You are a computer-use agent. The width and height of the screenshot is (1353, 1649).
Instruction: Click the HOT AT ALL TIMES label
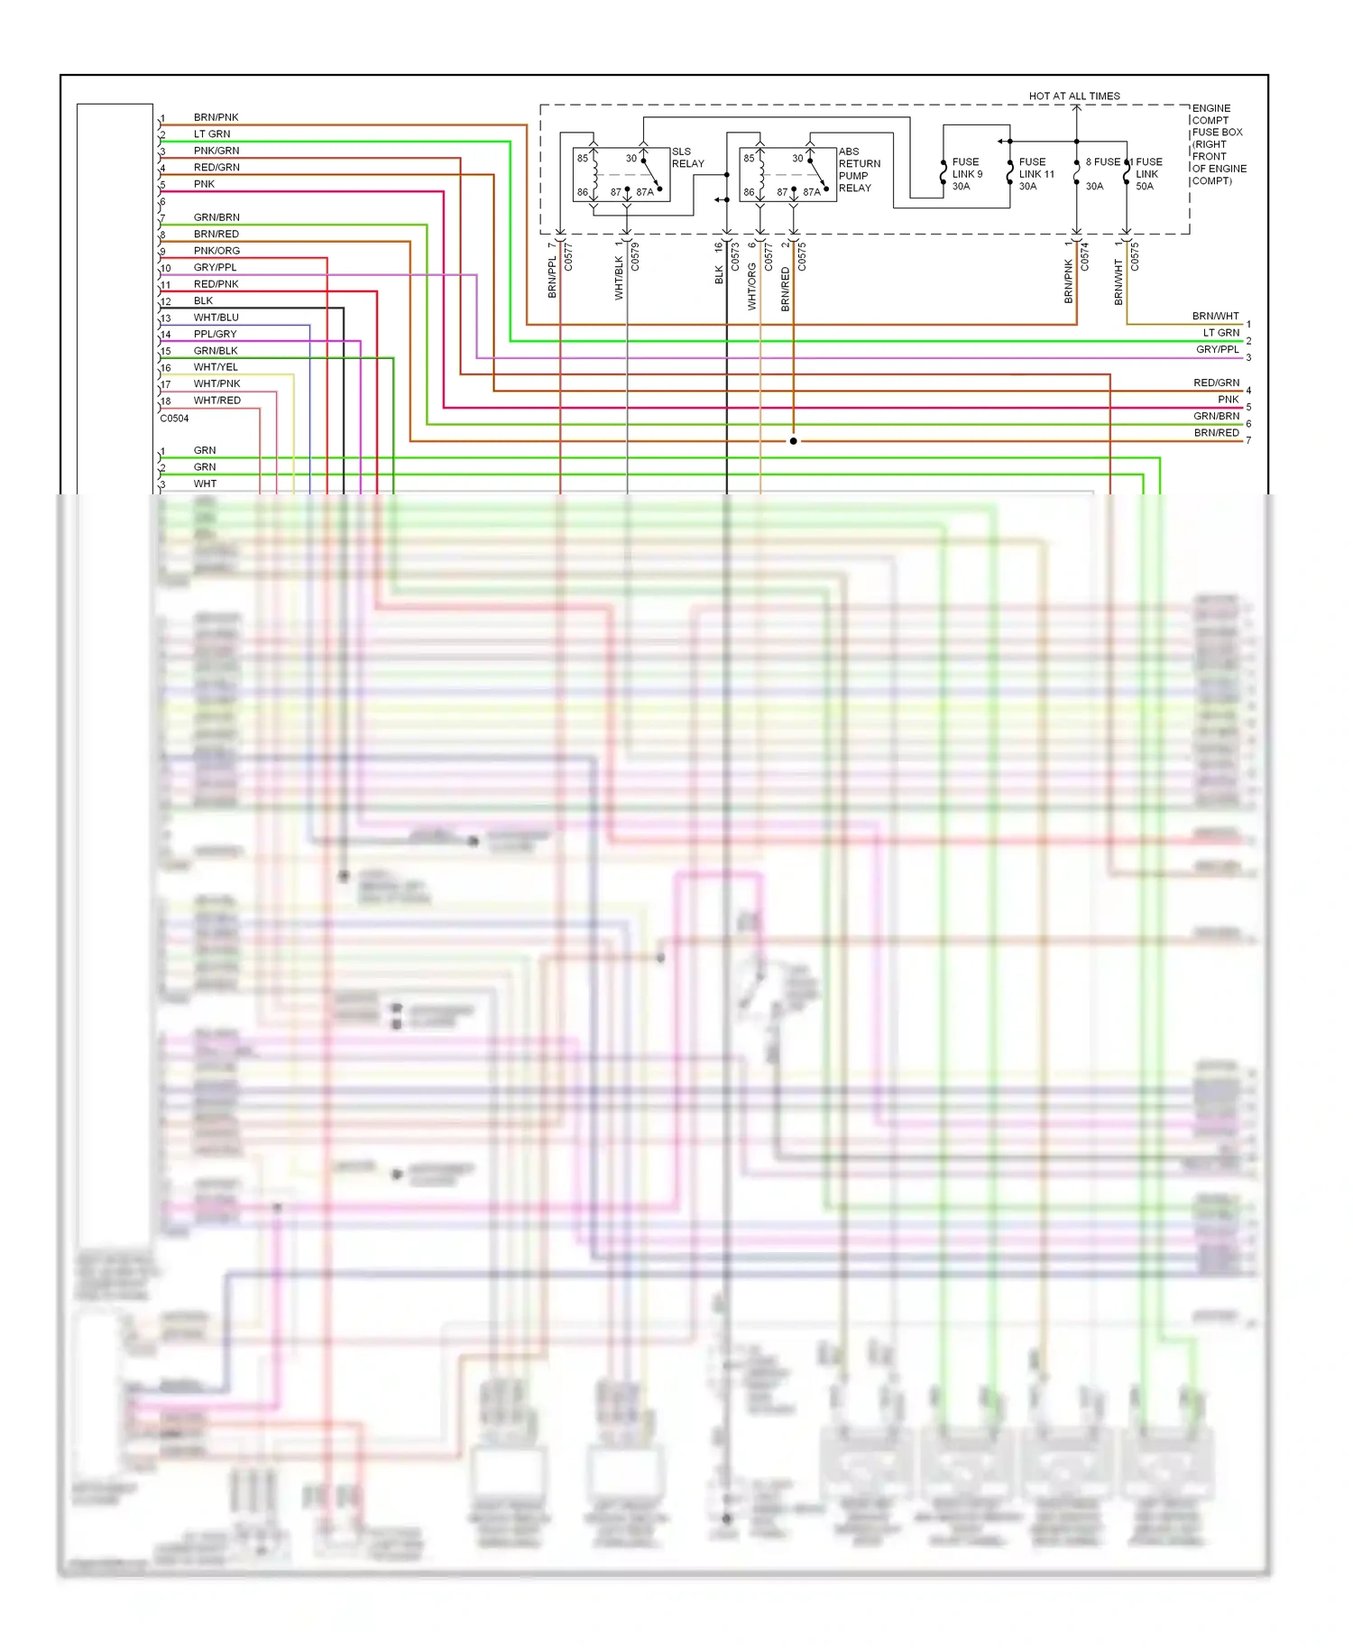[1074, 96]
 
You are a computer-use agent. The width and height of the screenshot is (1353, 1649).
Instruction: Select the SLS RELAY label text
[687, 158]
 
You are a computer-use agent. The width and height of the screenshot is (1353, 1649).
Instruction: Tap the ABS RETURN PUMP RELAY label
[859, 170]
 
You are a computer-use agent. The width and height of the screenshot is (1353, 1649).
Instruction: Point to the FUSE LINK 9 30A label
[967, 174]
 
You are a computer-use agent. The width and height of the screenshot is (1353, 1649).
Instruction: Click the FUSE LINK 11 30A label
[1035, 174]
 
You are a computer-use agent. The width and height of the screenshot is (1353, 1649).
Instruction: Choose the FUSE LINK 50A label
[1148, 174]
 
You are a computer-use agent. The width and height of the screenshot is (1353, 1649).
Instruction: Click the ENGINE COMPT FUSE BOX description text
[1218, 144]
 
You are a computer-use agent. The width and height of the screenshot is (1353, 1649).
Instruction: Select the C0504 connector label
[174, 419]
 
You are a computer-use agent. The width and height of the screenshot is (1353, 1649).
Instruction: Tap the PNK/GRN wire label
[216, 151]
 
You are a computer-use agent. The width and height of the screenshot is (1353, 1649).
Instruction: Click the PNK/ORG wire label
[216, 251]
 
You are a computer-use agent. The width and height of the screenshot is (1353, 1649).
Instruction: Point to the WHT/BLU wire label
[216, 318]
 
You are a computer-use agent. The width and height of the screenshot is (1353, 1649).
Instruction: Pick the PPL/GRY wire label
[215, 334]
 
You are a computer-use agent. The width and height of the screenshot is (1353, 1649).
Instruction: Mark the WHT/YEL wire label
[216, 367]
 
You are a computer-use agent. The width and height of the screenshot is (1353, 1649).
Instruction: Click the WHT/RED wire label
[216, 401]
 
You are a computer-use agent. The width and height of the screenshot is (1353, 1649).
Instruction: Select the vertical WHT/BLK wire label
[619, 278]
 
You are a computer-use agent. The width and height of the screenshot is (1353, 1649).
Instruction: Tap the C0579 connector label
[635, 256]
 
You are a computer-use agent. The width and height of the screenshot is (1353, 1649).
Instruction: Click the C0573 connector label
[735, 256]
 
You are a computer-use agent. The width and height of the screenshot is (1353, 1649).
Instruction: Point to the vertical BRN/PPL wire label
[552, 277]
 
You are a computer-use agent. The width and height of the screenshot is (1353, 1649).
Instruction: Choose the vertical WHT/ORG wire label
[752, 287]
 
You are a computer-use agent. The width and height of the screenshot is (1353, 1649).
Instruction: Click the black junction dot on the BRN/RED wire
[794, 441]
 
